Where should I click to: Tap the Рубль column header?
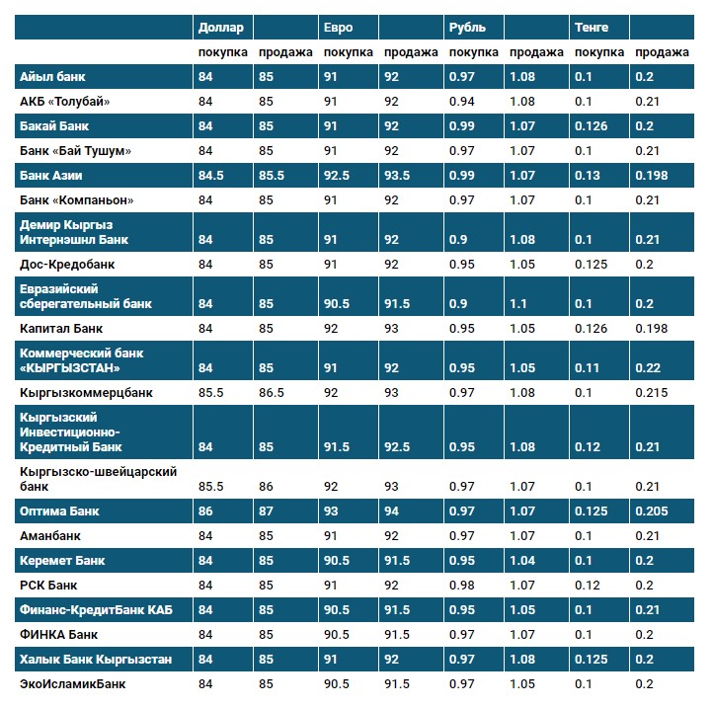(x=466, y=28)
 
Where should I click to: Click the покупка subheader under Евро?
(x=348, y=52)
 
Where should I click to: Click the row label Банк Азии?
(x=51, y=175)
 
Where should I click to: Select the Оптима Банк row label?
(x=59, y=511)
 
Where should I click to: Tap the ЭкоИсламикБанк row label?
(x=73, y=683)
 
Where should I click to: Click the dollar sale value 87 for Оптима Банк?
(x=266, y=511)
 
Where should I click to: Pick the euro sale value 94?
(x=392, y=511)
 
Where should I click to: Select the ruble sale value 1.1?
(x=518, y=303)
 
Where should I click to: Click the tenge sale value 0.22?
(x=648, y=368)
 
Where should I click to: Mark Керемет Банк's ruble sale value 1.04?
(x=522, y=561)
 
